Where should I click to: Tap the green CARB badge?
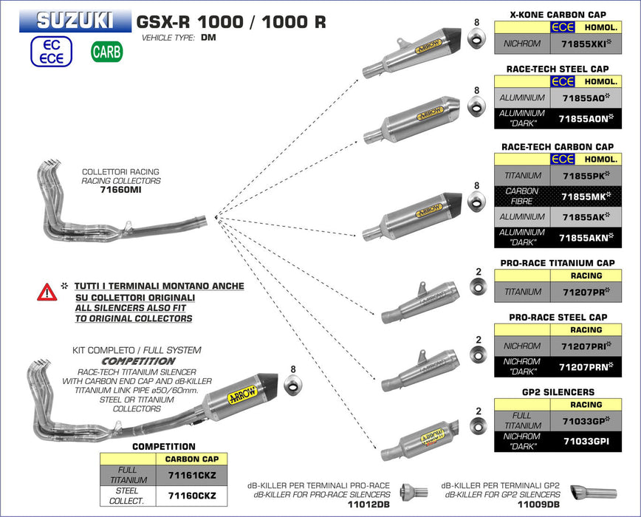pyautogui.click(x=107, y=52)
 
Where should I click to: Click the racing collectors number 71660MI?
pyautogui.click(x=121, y=190)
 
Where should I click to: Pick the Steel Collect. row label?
pyautogui.click(x=128, y=495)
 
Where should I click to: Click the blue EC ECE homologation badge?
pyautogui.click(x=51, y=52)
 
